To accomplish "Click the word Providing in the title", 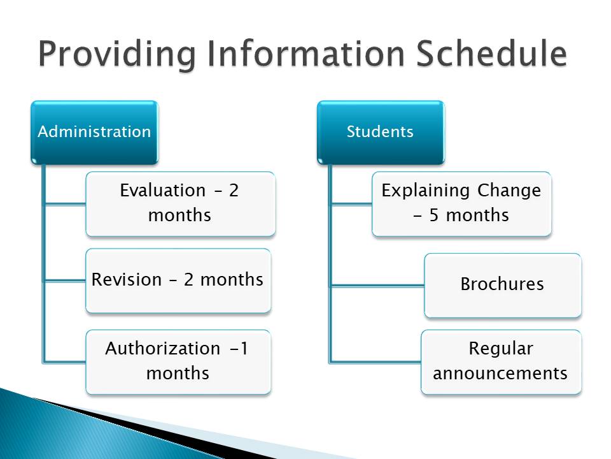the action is (117, 55).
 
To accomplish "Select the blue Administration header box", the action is (95, 133).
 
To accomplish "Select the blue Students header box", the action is (381, 133).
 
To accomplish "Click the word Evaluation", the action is (162, 191).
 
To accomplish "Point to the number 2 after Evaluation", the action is (234, 191).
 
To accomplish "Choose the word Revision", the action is (126, 279).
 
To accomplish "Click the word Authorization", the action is (163, 348).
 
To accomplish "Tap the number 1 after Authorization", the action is (244, 348).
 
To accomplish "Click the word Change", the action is (509, 191).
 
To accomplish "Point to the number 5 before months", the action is (434, 215).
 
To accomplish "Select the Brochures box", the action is (503, 286).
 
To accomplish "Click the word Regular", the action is (501, 349).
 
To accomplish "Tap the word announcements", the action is (500, 373).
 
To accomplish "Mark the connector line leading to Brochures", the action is (377, 286).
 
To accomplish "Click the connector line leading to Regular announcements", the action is (376, 362).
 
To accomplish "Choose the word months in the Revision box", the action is (232, 279).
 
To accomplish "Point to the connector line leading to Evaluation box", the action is (65, 204).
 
